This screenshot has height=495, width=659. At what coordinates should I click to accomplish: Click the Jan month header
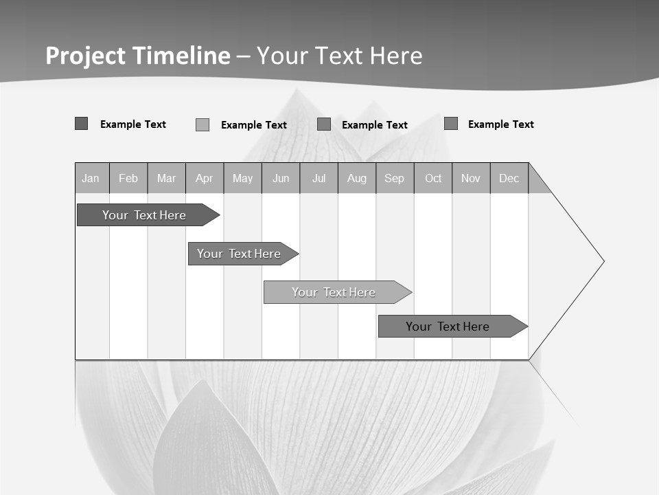pyautogui.click(x=91, y=178)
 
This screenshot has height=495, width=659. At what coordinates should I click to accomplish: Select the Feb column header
pyautogui.click(x=128, y=178)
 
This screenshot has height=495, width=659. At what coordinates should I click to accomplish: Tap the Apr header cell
pyautogui.click(x=205, y=178)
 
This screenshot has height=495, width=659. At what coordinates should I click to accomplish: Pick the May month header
pyautogui.click(x=242, y=178)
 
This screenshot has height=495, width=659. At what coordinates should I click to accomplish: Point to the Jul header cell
pyautogui.click(x=319, y=178)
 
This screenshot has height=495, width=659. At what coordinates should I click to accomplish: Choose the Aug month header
pyautogui.click(x=357, y=178)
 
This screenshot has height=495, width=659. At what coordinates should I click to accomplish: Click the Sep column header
pyautogui.click(x=395, y=178)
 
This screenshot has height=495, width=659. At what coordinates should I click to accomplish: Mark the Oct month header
pyautogui.click(x=433, y=178)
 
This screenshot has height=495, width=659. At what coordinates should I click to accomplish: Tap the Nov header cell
pyautogui.click(x=471, y=178)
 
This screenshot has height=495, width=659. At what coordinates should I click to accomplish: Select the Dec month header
pyautogui.click(x=509, y=178)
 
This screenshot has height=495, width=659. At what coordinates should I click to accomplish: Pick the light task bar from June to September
pyautogui.click(x=334, y=292)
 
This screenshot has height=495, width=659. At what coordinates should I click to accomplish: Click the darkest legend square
pyautogui.click(x=82, y=124)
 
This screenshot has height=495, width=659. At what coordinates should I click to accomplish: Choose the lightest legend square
pyautogui.click(x=203, y=124)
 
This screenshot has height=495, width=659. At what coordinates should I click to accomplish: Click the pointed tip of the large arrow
pyautogui.click(x=603, y=261)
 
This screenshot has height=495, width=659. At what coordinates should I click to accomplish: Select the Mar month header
pyautogui.click(x=166, y=178)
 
